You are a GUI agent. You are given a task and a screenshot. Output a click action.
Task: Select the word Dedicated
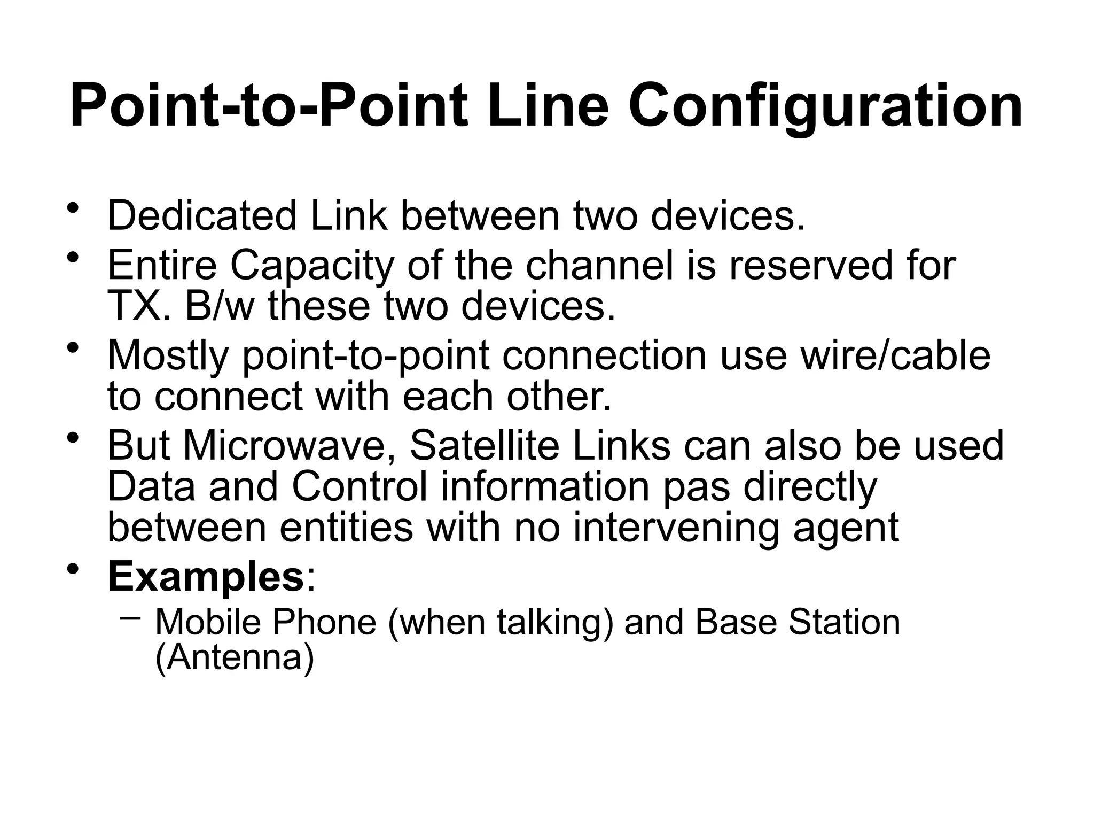(x=202, y=215)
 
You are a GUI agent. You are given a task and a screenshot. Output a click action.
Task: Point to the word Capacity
(x=311, y=266)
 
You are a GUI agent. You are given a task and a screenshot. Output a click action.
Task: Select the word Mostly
(x=168, y=355)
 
